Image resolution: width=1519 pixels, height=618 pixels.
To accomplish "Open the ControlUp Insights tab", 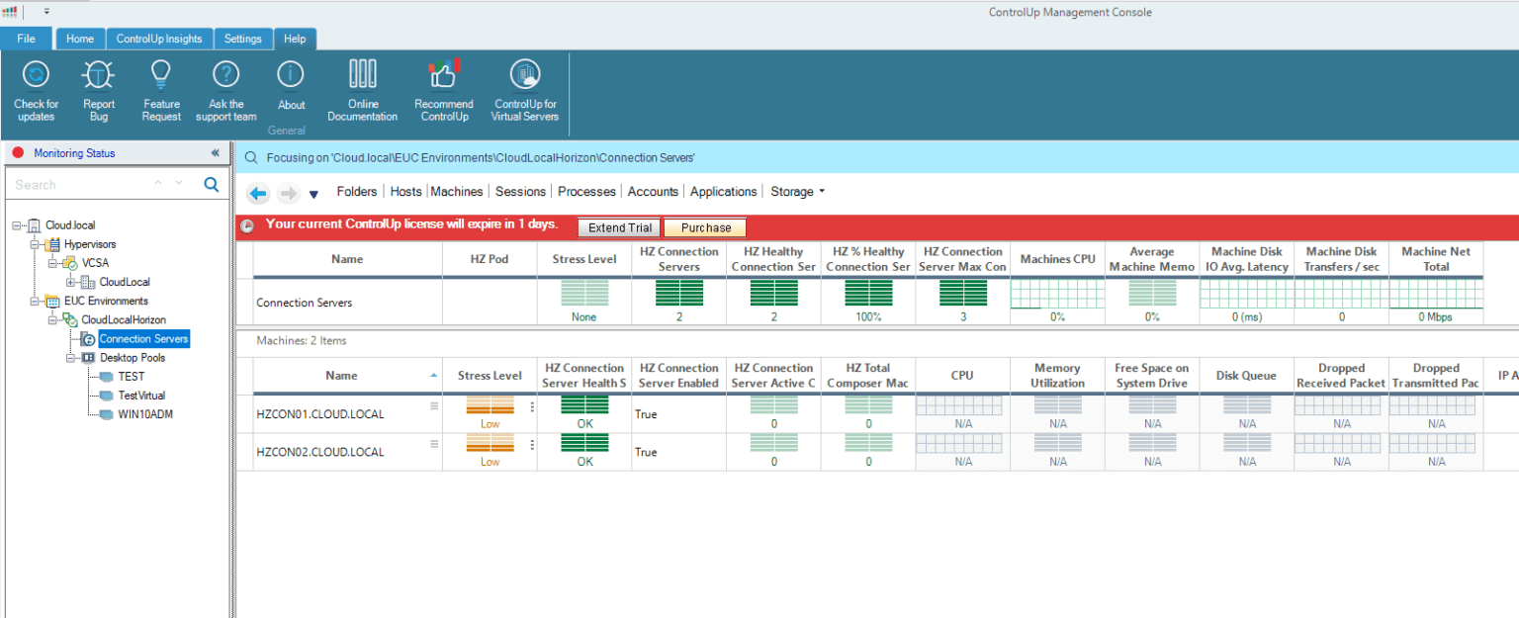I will tap(158, 39).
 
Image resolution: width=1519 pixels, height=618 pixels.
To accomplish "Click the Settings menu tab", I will tap(242, 39).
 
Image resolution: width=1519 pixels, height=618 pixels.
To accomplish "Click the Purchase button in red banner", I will tap(705, 227).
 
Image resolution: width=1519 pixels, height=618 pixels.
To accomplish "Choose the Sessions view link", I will tap(520, 192).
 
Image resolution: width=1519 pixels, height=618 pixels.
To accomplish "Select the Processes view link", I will tap(586, 192).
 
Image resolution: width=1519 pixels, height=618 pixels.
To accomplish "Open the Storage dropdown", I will tap(797, 192).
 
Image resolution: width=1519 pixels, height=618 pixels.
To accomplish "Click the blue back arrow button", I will tap(258, 194).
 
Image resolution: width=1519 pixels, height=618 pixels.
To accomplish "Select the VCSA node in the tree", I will tap(96, 263).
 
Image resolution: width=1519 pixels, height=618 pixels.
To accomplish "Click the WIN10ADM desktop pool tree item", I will tap(145, 414).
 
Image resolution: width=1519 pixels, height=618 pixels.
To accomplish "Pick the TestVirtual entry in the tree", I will tap(141, 396).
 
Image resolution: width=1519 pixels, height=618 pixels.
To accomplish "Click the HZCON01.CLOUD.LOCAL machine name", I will tap(319, 414).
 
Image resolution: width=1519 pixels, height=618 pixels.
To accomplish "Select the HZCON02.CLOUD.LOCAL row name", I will tap(319, 452).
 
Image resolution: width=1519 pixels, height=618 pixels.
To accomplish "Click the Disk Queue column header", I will tap(1246, 376).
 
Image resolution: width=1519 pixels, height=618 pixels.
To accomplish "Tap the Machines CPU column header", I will tap(1057, 259).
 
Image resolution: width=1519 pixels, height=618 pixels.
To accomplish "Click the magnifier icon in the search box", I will tap(211, 185).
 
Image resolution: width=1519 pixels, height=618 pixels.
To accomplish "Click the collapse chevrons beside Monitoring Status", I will tap(215, 153).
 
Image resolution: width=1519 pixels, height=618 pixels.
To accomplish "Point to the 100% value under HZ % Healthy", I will tap(868, 317).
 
